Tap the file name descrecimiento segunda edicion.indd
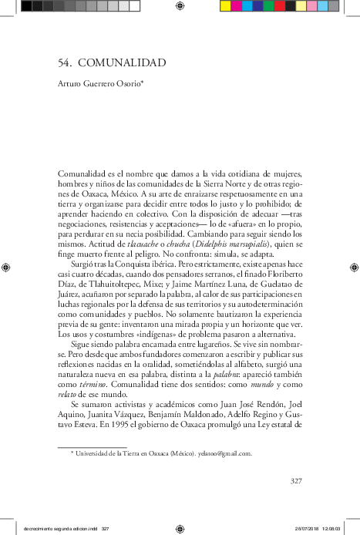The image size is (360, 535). (55, 529)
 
